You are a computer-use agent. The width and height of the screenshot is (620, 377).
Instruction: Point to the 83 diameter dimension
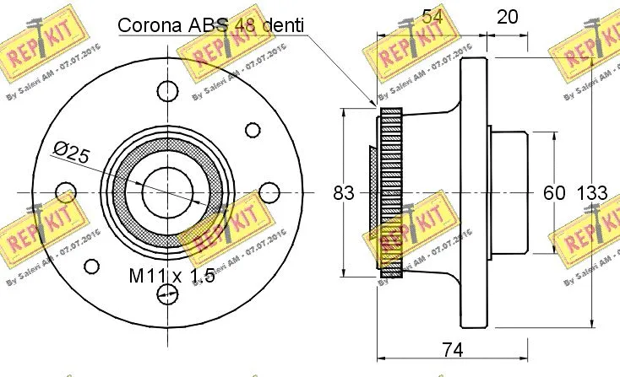pos(343,193)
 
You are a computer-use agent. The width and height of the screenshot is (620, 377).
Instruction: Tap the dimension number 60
pos(553,193)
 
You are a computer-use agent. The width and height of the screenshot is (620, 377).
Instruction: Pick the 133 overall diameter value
pos(591,193)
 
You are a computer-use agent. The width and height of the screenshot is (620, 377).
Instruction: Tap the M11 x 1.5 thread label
pos(171,276)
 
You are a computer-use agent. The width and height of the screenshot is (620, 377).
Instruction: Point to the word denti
pos(282,25)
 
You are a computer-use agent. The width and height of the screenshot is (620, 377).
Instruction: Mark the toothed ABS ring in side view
pos(390,193)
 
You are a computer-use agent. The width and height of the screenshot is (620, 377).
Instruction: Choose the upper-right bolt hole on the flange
pos(253,129)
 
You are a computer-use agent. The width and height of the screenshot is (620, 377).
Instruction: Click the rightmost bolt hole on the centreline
pos(269,191)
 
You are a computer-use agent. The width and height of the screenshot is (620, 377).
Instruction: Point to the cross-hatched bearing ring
pos(121,191)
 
